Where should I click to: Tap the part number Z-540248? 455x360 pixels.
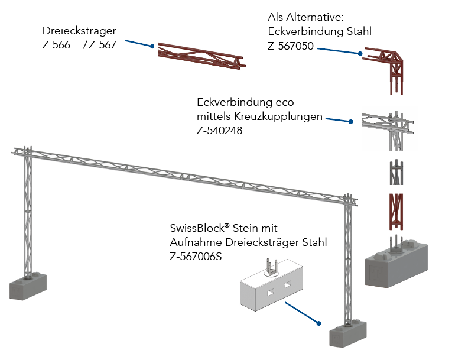click(219, 131)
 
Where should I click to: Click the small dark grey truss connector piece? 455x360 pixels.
click(396, 173)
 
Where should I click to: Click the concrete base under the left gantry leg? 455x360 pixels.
click(31, 286)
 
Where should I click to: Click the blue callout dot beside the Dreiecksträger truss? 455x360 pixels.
click(152, 46)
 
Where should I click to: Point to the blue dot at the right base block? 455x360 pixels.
click(318, 323)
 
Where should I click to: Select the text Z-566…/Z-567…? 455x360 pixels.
click(84, 45)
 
